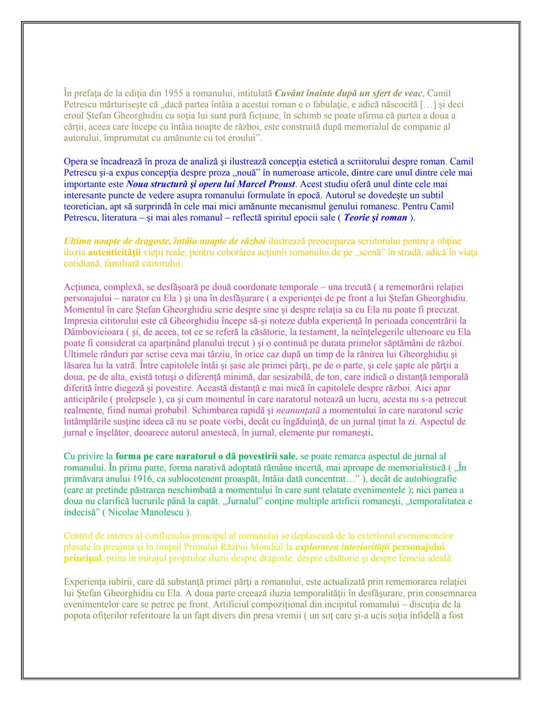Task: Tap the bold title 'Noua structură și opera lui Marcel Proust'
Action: tap(210, 184)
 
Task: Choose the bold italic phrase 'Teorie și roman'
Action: tap(375, 217)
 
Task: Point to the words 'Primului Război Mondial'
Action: tap(247, 546)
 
